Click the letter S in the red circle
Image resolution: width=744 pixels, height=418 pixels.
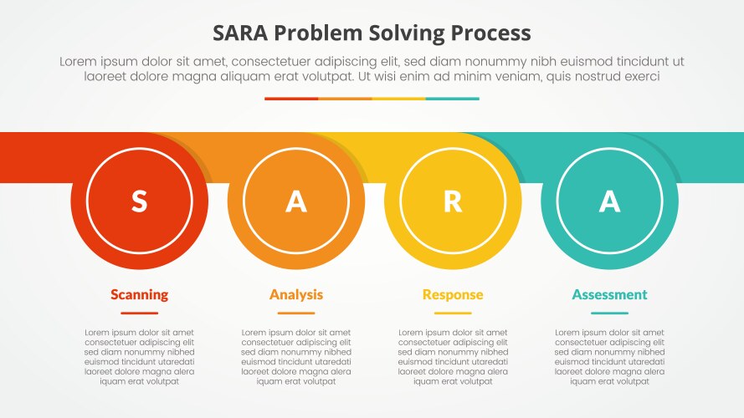[139, 201]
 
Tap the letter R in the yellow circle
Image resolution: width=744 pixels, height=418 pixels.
[453, 201]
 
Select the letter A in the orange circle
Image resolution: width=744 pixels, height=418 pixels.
[296, 201]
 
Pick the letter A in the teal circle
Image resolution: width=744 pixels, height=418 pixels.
[609, 201]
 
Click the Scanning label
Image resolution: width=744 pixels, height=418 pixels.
[139, 294]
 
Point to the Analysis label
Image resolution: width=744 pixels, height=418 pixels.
[296, 294]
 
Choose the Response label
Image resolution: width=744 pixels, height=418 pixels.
[453, 294]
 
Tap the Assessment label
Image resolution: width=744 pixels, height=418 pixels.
[609, 294]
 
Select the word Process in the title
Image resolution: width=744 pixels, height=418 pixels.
[490, 33]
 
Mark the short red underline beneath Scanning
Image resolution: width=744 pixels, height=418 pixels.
[139, 313]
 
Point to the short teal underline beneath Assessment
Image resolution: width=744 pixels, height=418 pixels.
[609, 313]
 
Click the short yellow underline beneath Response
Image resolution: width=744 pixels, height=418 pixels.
[453, 313]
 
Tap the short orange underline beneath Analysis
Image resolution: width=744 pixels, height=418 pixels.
[296, 313]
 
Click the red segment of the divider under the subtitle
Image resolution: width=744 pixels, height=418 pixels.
[291, 99]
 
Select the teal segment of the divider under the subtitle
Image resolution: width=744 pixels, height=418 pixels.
[452, 99]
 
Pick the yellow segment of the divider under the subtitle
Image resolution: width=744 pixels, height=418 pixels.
[398, 99]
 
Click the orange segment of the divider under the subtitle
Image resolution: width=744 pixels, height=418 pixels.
[345, 99]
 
